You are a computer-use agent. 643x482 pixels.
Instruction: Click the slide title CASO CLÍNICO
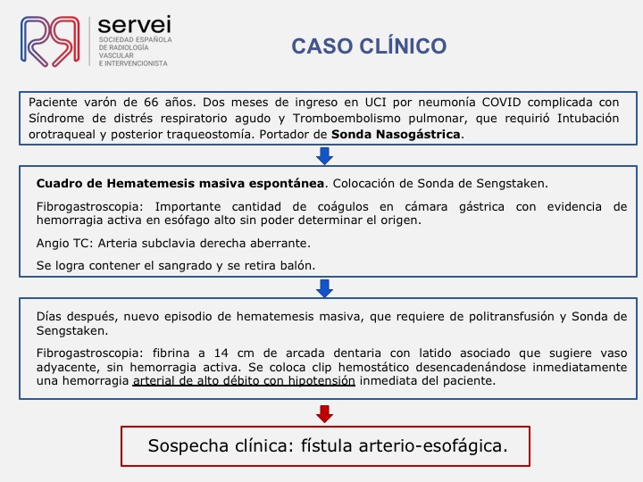[x=369, y=46]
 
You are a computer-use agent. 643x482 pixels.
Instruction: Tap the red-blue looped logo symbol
[x=50, y=41]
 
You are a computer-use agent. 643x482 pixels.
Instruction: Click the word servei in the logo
[x=135, y=25]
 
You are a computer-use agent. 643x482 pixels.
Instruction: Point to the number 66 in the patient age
[x=151, y=102]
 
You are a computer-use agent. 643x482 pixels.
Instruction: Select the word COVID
[x=502, y=102]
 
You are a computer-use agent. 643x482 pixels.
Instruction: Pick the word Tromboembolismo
[x=347, y=118]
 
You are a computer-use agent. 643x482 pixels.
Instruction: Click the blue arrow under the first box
[x=324, y=155]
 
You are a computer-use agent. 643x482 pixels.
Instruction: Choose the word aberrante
[x=283, y=243]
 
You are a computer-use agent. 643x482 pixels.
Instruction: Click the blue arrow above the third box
[x=324, y=288]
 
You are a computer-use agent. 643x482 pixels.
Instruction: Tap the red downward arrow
[x=324, y=414]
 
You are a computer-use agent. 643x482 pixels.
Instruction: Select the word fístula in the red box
[x=327, y=445]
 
